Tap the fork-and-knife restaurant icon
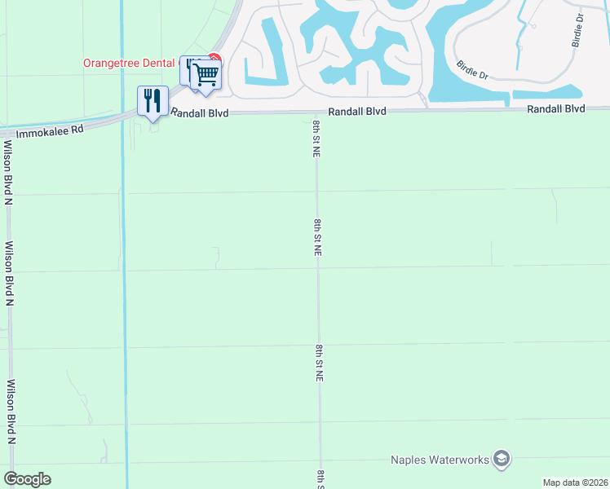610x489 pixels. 152,101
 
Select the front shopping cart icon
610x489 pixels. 207,73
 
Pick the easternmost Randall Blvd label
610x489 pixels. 556,108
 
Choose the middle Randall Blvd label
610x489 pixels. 356,111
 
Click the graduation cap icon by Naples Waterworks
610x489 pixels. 502,459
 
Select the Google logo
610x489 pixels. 27,479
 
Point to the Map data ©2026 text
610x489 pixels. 575,482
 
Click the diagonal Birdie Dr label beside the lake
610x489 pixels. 472,69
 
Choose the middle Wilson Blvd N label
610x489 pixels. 10,273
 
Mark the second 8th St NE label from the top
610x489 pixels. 317,237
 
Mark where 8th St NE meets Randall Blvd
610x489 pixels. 316,112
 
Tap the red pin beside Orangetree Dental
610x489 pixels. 214,58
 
